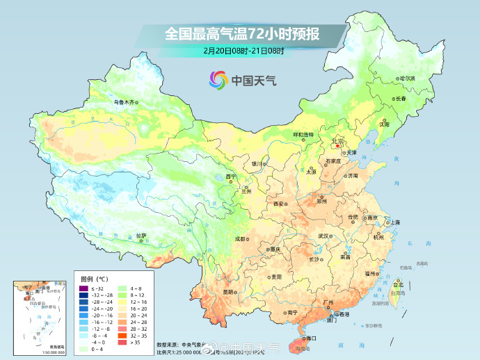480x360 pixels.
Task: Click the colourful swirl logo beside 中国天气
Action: (x=218, y=79)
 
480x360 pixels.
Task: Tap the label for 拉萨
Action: (x=141, y=236)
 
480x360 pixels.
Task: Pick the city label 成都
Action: (x=239, y=238)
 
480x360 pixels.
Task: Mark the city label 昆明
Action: (x=228, y=292)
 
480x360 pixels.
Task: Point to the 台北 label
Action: (x=399, y=284)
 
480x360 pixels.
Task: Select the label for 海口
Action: (x=311, y=338)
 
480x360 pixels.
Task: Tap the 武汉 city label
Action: (x=323, y=236)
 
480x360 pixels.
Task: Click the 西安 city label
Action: (x=278, y=203)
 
